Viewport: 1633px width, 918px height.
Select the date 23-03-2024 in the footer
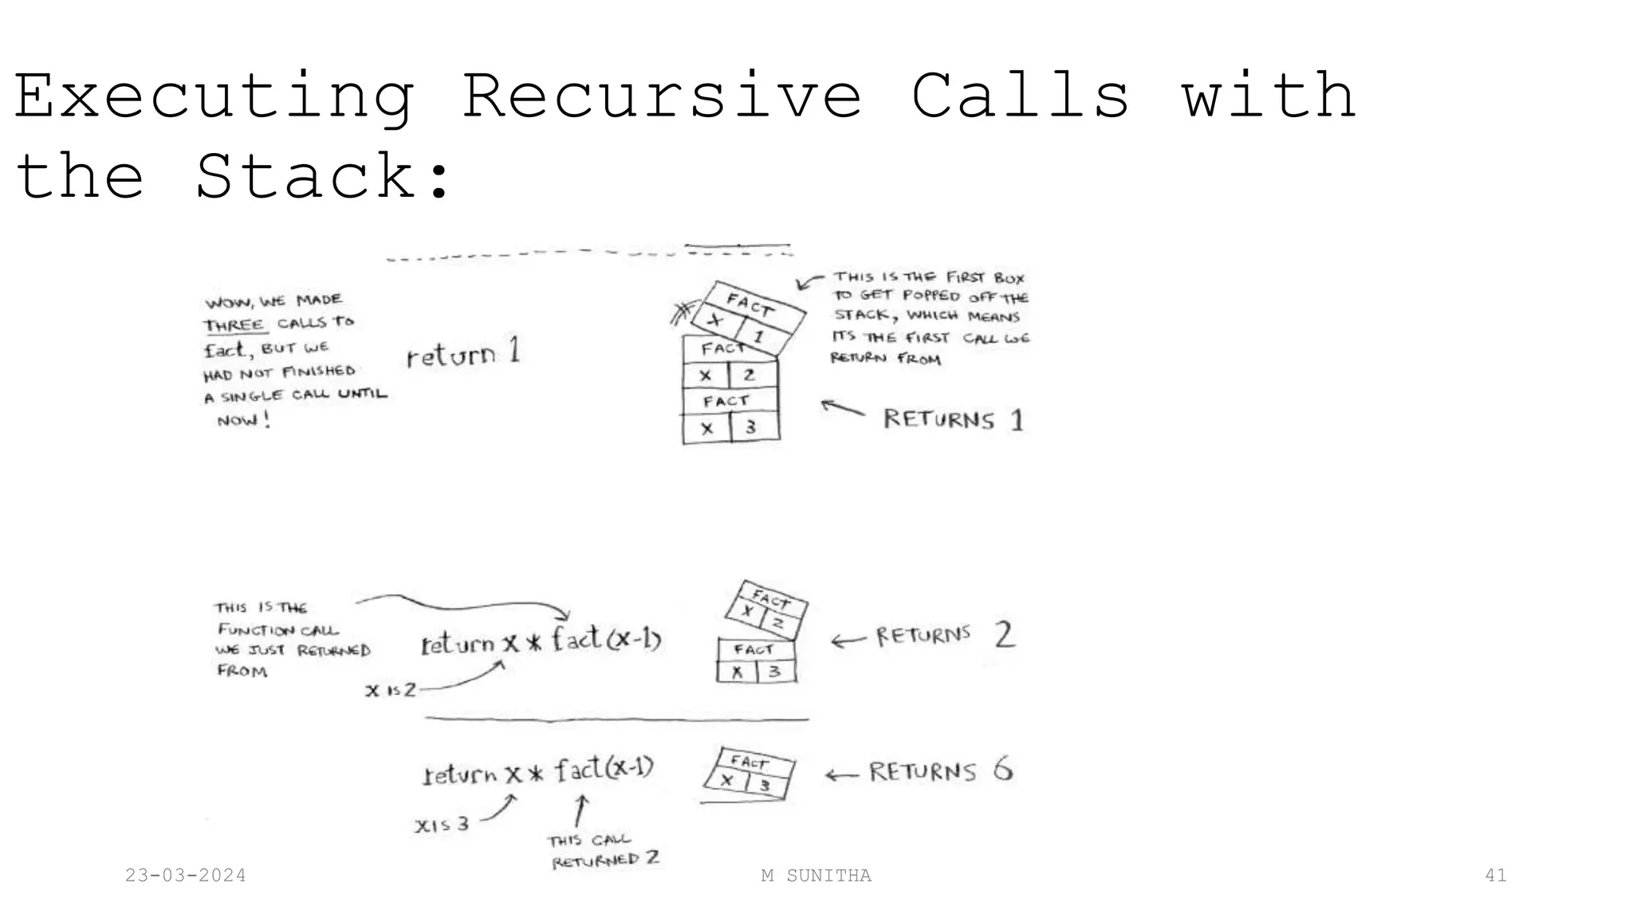(186, 876)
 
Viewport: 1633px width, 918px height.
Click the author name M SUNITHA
(816, 876)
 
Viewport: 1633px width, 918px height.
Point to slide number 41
(1496, 876)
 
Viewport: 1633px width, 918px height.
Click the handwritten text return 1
(463, 353)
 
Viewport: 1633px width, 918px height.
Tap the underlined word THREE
(234, 325)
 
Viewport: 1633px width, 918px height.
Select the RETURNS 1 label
(953, 419)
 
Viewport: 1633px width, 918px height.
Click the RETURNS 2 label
(945, 635)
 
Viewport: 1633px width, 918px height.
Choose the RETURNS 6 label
(940, 771)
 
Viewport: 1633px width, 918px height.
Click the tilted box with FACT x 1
(747, 317)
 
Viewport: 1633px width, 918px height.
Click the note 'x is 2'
(391, 690)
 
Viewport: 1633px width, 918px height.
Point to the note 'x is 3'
(442, 824)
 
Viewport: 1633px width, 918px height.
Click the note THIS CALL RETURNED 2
(604, 850)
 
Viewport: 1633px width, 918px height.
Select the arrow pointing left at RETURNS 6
(842, 775)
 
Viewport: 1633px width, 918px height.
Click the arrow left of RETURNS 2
(848, 640)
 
